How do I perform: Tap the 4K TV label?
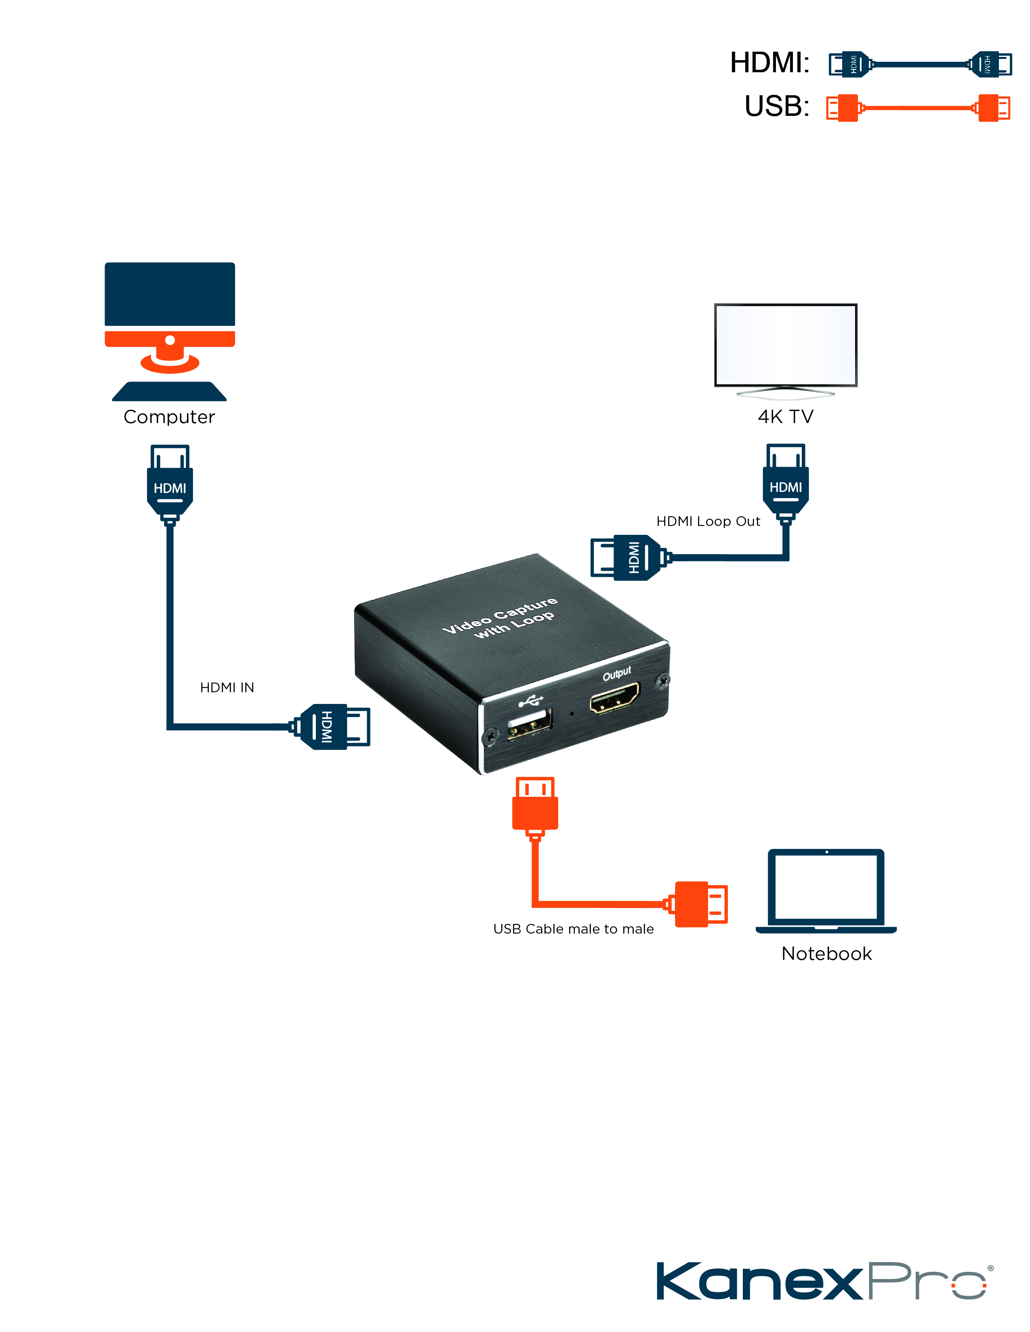[785, 417]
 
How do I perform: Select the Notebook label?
[826, 953]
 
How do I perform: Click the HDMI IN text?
[227, 687]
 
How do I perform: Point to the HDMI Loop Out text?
[708, 521]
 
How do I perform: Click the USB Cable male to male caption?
[573, 929]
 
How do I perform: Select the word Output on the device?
[616, 673]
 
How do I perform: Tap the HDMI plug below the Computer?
[170, 485]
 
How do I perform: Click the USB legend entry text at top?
[776, 107]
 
